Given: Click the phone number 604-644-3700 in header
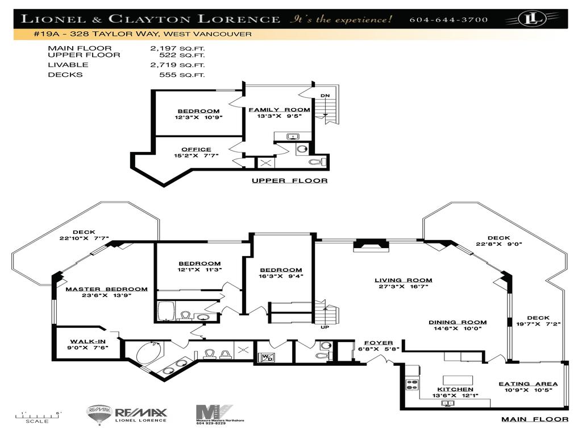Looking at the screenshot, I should click(448, 20).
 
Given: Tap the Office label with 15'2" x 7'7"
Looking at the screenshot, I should click(196, 152).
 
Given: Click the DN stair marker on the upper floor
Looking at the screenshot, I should click(325, 96).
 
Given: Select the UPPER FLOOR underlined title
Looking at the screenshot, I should click(289, 181).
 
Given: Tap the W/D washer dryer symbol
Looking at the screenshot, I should click(267, 358).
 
